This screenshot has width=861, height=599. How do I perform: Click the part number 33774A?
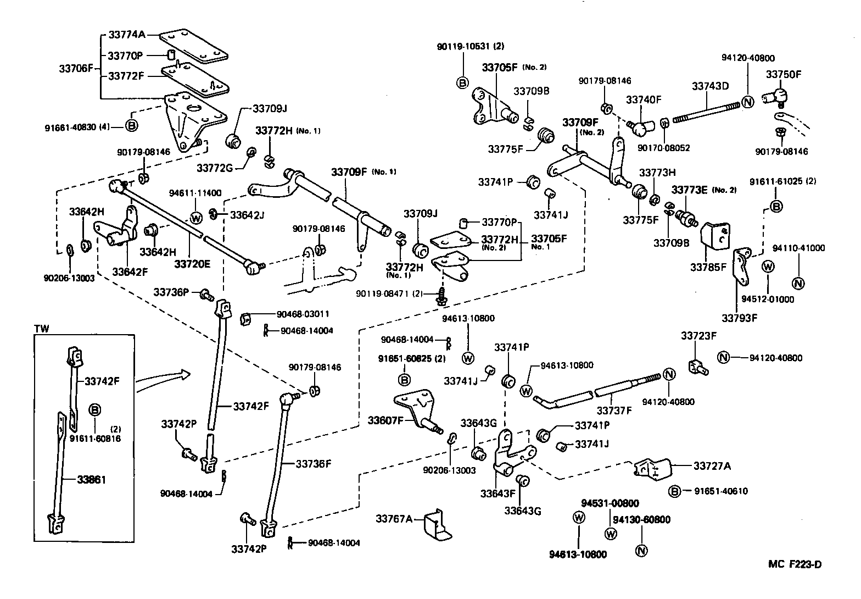pyautogui.click(x=126, y=34)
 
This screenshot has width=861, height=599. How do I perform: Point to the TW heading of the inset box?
pyautogui.click(x=42, y=329)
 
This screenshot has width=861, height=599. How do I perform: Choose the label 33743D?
pyautogui.click(x=710, y=86)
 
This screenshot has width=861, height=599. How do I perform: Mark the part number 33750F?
pyautogui.click(x=784, y=74)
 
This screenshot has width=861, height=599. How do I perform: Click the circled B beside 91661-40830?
pyautogui.click(x=131, y=126)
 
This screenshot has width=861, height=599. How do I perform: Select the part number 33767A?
pyautogui.click(x=394, y=518)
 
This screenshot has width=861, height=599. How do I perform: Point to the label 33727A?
pyautogui.click(x=712, y=466)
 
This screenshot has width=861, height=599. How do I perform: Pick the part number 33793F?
pyautogui.click(x=739, y=318)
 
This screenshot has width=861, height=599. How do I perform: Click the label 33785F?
pyautogui.click(x=708, y=268)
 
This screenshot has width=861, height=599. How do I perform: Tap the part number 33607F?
pyautogui.click(x=386, y=421)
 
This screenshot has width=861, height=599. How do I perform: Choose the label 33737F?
pyautogui.click(x=614, y=410)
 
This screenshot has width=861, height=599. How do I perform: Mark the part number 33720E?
pyautogui.click(x=192, y=264)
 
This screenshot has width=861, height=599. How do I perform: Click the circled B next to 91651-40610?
pyautogui.click(x=675, y=491)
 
